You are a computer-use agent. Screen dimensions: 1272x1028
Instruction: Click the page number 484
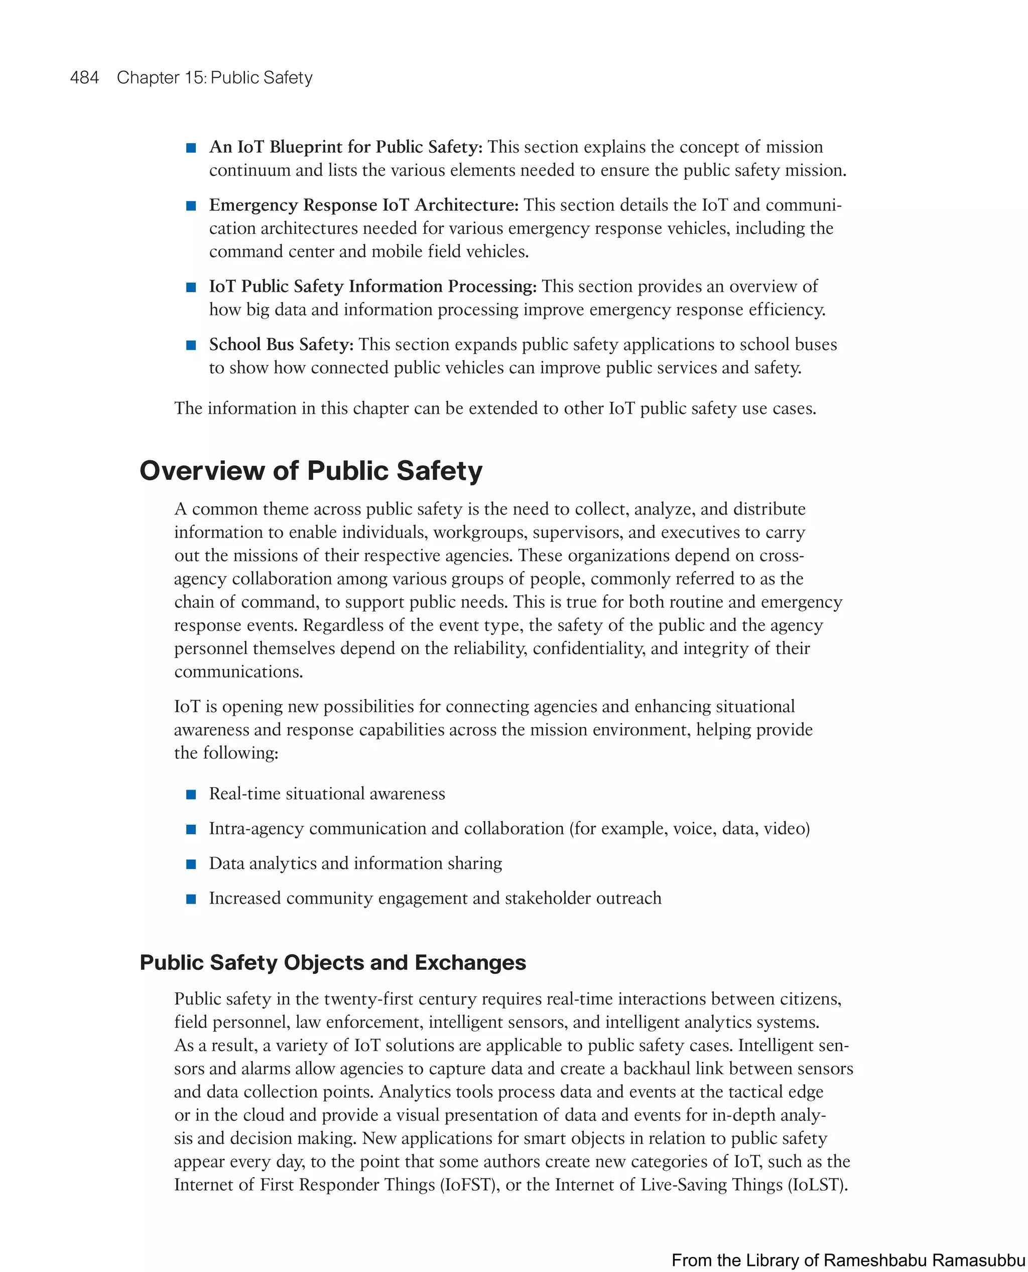click(x=84, y=78)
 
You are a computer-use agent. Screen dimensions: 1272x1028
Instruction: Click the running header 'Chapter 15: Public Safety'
click(x=214, y=78)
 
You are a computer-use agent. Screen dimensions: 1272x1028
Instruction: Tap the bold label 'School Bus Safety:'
click(x=281, y=345)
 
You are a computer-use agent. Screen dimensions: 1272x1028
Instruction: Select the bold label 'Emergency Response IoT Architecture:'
click(x=363, y=205)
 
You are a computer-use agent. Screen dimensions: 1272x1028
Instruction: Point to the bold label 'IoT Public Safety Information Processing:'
click(x=372, y=287)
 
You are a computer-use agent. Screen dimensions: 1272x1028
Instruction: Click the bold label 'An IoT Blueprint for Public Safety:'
click(x=346, y=147)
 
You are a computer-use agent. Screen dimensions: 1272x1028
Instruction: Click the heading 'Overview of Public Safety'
click(x=311, y=471)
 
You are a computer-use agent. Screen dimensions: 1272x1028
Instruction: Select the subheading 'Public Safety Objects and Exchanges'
click(x=332, y=962)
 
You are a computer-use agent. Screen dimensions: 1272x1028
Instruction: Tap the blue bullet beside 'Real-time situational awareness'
click(x=191, y=795)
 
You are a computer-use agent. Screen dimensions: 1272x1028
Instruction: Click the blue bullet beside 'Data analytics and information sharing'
click(x=191, y=864)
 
